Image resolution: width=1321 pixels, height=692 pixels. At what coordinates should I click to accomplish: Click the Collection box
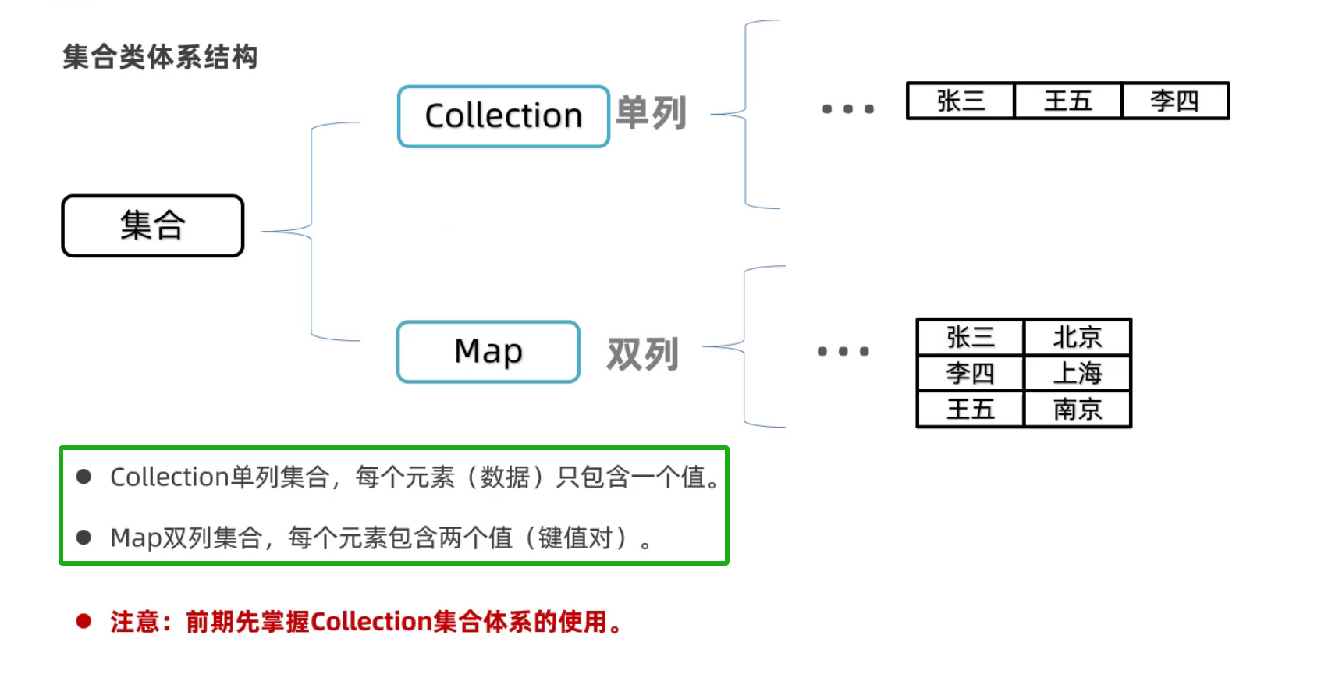point(503,116)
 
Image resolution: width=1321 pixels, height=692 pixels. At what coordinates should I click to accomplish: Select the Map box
point(488,352)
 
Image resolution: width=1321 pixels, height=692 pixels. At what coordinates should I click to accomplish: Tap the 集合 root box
point(153,225)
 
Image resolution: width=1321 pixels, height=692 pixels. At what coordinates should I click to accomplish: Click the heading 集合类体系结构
point(160,57)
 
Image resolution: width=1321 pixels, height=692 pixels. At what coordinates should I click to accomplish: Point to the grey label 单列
point(651,113)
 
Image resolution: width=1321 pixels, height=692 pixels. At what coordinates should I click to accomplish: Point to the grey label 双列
point(643,354)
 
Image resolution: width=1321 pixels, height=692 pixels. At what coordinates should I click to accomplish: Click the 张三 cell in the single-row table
point(961,101)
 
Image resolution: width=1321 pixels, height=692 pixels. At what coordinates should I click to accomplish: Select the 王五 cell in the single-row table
point(1067,101)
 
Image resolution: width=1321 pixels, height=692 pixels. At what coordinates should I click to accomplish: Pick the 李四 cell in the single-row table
point(1174,101)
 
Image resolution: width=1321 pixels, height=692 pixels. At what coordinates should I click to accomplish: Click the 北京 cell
point(1078,338)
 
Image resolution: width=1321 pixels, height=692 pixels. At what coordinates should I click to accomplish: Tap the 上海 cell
point(1078,374)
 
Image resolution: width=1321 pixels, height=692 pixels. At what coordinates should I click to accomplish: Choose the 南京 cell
point(1078,410)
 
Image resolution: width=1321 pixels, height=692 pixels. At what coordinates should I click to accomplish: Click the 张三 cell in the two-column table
point(971,338)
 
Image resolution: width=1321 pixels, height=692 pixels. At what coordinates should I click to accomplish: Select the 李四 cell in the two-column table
point(971,374)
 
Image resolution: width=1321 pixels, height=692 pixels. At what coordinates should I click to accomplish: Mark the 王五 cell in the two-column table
point(971,410)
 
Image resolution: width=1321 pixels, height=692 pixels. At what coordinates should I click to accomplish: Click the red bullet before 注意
point(83,622)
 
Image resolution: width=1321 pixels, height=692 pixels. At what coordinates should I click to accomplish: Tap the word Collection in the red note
point(371,622)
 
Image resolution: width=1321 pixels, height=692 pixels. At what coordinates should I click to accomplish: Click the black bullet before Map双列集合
point(83,538)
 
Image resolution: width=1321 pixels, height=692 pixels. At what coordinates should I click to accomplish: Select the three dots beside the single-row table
point(848,109)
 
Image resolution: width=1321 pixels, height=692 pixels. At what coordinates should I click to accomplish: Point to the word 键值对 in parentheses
point(575,538)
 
